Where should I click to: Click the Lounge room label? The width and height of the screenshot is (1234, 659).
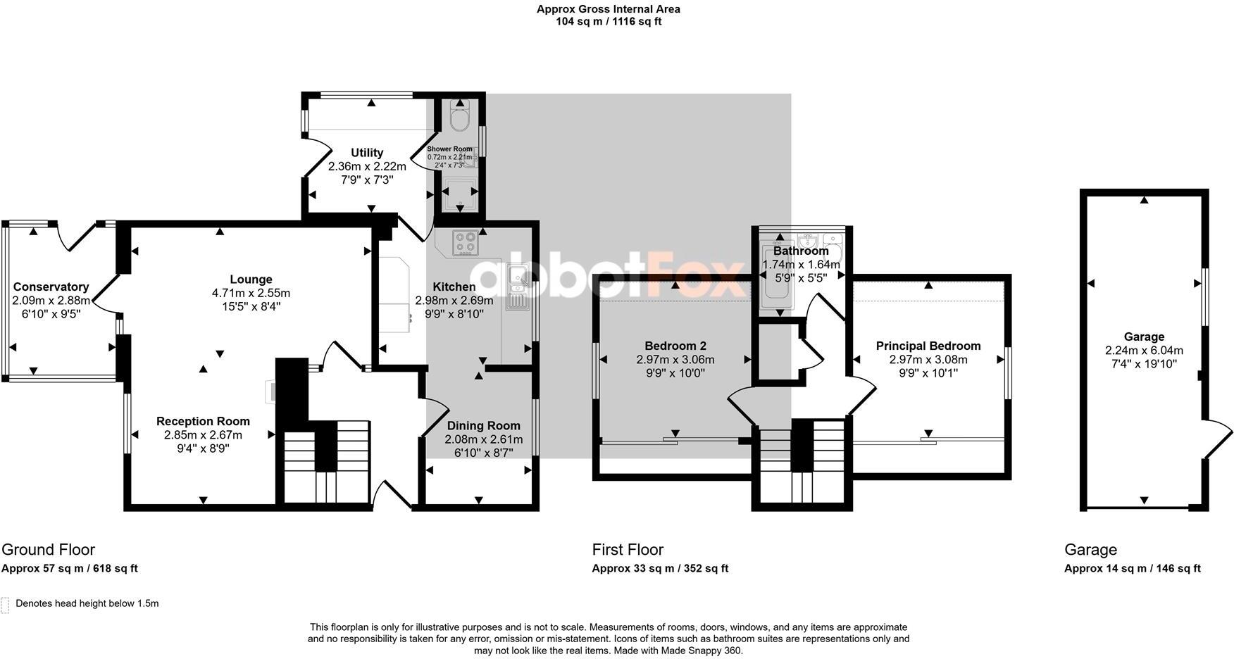(251, 280)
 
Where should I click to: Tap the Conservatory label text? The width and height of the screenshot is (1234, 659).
(51, 287)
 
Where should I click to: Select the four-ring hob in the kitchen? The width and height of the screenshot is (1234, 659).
(465, 243)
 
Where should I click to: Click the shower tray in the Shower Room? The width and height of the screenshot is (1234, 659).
(459, 194)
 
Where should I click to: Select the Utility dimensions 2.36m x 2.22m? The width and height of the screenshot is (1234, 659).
(367, 167)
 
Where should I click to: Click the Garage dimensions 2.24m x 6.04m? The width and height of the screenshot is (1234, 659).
(1144, 351)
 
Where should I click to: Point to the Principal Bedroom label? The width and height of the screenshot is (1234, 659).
(928, 346)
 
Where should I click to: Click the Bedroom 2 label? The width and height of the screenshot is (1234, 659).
(675, 346)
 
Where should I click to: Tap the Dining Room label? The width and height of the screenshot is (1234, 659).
(483, 425)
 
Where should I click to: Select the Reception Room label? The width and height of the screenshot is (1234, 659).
(203, 421)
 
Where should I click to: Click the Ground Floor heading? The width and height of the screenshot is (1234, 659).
(48, 549)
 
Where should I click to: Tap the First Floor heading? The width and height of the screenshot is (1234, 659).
(628, 549)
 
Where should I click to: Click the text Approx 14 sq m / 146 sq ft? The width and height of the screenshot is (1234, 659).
(1132, 568)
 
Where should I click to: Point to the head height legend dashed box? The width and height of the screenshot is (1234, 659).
(6, 605)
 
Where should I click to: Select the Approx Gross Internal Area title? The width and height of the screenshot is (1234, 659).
(609, 9)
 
